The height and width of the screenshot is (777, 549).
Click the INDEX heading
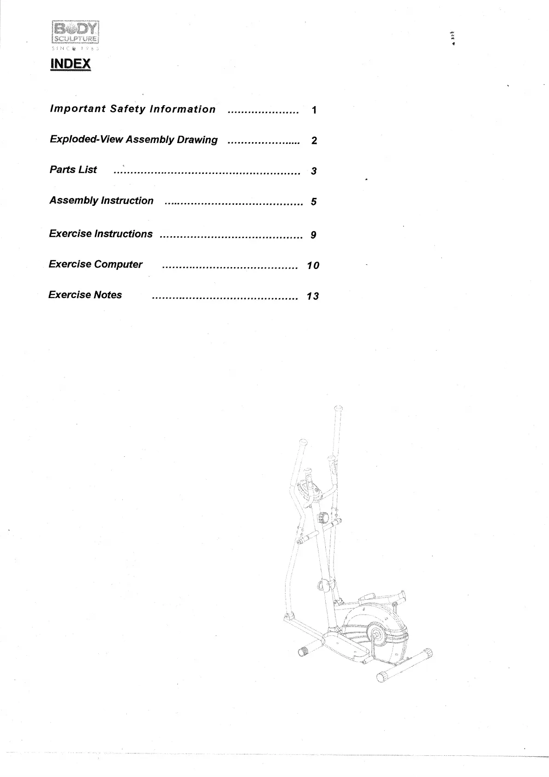pos(70,64)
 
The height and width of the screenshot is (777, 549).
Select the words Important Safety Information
pos(132,109)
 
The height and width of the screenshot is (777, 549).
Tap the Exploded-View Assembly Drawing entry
pos(133,140)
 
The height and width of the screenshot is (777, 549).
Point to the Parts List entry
pos(73,170)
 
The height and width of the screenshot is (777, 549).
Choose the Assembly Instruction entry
pos(101,201)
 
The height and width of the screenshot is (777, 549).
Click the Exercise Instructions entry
pos(101,234)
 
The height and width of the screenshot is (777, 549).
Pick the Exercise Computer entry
pos(95,264)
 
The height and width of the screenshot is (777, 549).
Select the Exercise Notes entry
pos(85,295)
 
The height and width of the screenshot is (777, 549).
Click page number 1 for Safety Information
pos(314,110)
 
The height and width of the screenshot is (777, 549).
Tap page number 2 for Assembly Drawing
pos(314,141)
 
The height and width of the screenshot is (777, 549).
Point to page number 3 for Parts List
pos(314,171)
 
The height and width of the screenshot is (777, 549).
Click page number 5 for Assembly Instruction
pos(314,202)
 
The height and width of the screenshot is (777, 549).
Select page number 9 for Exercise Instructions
pos(313,235)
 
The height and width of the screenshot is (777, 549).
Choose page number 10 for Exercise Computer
pos(313,265)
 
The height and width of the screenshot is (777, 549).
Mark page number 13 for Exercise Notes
pos(313,296)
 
